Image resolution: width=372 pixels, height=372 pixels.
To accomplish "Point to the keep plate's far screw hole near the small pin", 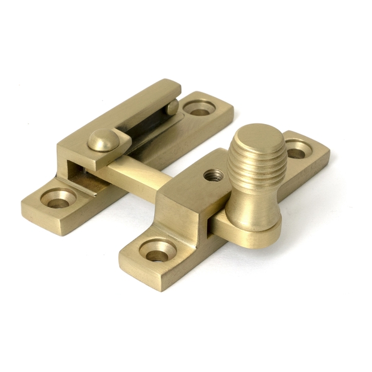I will (x=201, y=108).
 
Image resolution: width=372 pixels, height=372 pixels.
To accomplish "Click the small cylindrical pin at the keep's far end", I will (x=171, y=108).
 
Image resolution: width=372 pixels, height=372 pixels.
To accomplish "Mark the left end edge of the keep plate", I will (x=28, y=211).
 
